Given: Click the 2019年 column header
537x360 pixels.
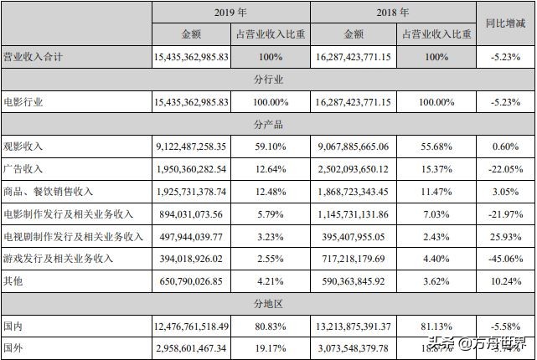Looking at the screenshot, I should (230, 13).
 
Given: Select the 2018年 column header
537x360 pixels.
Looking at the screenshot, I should (393, 13).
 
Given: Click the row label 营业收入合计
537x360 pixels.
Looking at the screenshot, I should (34, 57).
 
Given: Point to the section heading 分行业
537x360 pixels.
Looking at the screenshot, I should (268, 80).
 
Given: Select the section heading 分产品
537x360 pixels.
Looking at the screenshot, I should (268, 124).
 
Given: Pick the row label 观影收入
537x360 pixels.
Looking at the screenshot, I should (23, 147).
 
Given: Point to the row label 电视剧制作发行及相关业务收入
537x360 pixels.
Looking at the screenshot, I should (74, 237).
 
